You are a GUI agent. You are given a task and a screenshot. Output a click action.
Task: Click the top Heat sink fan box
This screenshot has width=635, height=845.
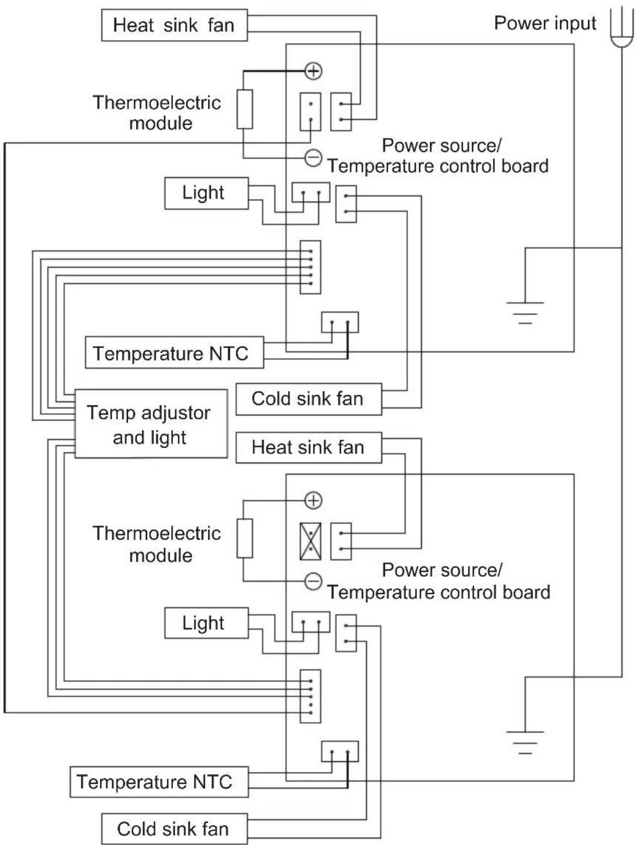pos(175,25)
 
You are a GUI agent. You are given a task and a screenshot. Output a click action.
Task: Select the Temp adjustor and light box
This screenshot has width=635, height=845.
pos(151,424)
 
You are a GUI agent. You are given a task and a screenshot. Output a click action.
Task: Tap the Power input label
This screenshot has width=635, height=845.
pos(545,23)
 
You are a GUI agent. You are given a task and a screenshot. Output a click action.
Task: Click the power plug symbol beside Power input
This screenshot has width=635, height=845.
pos(622,29)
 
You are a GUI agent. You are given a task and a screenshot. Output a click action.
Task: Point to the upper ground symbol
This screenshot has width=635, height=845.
pos(525,312)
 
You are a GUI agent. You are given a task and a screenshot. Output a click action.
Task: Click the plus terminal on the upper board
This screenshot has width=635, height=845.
pos(313,71)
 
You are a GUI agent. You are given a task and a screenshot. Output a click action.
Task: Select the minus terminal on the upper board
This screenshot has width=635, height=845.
pos(313,158)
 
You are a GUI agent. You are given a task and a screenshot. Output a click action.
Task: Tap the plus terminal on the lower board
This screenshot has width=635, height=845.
pos(313,501)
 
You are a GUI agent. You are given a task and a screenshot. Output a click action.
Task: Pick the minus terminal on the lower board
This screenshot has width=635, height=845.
pos(313,581)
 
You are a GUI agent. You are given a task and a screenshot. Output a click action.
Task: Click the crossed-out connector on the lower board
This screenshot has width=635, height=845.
pos(311,541)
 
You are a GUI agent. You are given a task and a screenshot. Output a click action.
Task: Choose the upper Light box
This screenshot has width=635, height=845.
pos(207,193)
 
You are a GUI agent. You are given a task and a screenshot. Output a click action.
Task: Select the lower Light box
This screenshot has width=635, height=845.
pos(207,623)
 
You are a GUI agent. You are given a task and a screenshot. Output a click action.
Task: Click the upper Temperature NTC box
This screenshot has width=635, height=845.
pos(175,353)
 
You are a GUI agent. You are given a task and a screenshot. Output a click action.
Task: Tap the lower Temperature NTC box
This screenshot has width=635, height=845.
pos(159,782)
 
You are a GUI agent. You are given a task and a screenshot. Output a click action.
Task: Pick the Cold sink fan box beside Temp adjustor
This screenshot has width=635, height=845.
pos(308,399)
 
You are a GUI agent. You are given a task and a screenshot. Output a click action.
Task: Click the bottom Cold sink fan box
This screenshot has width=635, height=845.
pos(175,829)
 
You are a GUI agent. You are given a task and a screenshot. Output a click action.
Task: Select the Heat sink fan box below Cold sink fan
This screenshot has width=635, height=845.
pos(308,447)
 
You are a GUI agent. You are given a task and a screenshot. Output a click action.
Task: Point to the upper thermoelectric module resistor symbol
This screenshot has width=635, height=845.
pos(245,109)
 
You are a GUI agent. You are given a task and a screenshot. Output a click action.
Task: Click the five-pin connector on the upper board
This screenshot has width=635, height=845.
pos(311,267)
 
